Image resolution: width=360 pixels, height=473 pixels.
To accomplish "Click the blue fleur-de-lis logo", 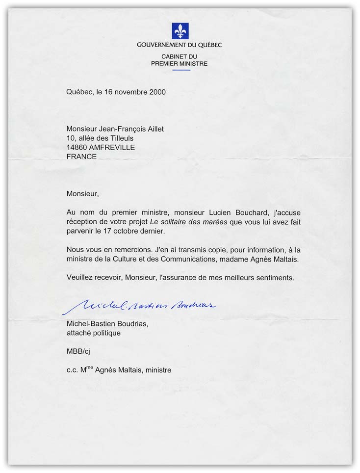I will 180,31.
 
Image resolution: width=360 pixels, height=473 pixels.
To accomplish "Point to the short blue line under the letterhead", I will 180,70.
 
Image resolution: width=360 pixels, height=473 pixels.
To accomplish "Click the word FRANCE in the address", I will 81,157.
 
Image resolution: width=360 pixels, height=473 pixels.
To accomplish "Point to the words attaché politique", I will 93,333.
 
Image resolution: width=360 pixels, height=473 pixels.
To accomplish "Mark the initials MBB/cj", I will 78,352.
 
